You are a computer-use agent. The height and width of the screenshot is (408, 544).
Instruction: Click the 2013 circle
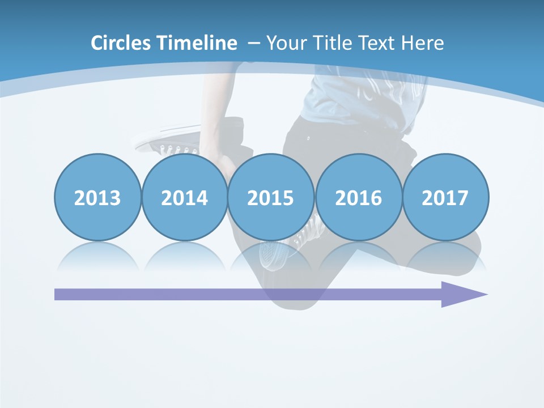click(x=97, y=197)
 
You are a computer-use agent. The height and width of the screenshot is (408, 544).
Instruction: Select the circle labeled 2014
click(x=184, y=197)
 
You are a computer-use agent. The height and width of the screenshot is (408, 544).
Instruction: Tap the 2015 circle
click(x=271, y=197)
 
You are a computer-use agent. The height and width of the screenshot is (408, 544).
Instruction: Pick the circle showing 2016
click(x=358, y=197)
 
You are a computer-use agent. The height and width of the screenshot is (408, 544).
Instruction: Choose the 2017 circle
click(x=445, y=197)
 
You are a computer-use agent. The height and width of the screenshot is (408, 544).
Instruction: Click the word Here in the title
click(x=423, y=43)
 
